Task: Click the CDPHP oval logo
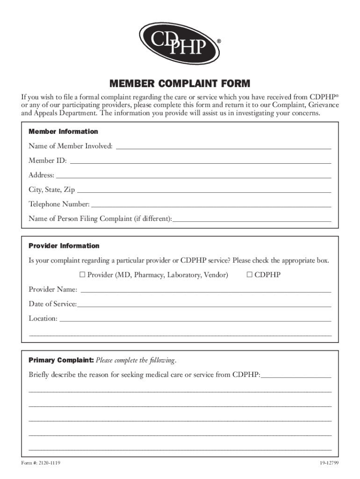(x=180, y=44)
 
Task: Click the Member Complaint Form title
(x=180, y=84)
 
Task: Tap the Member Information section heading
(x=63, y=132)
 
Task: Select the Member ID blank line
(x=200, y=161)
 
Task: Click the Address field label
(x=41, y=175)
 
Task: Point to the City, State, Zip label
(x=51, y=190)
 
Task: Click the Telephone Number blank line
(x=211, y=204)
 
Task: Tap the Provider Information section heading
(x=64, y=246)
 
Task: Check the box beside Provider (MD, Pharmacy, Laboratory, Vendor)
(x=83, y=275)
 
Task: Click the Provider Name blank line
(x=206, y=290)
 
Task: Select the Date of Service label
(x=52, y=304)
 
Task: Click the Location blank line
(x=195, y=319)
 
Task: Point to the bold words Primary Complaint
(x=61, y=360)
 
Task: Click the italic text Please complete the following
(x=136, y=360)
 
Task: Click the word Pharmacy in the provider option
(x=149, y=275)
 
